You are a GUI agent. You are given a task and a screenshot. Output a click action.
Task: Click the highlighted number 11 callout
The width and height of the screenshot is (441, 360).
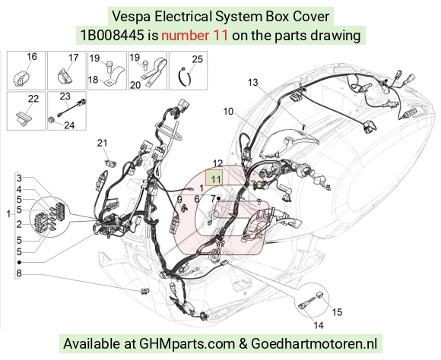[215, 179]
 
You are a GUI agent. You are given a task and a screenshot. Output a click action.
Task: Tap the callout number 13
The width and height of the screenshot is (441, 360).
[253, 82]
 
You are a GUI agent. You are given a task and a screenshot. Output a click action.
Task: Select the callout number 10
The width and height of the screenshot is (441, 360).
[228, 112]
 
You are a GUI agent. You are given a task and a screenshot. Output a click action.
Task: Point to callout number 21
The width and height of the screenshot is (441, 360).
[102, 143]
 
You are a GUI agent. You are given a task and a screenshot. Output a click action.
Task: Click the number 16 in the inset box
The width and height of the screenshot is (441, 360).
[32, 56]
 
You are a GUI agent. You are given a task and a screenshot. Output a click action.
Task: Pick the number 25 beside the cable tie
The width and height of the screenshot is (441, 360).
[197, 59]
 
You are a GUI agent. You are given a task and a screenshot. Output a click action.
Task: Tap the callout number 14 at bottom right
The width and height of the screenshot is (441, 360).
[319, 325]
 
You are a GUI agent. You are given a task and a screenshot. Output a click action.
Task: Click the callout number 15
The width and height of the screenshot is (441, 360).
[337, 312]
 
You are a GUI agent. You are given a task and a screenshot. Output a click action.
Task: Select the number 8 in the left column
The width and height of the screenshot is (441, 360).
[19, 273]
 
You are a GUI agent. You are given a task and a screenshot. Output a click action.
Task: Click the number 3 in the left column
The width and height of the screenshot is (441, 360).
[19, 178]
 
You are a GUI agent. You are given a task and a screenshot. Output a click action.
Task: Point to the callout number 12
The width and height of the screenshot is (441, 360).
[217, 163]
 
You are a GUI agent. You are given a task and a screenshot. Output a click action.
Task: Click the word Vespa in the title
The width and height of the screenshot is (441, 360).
[131, 16]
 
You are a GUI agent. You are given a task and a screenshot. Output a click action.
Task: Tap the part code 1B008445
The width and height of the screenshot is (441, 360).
[113, 36]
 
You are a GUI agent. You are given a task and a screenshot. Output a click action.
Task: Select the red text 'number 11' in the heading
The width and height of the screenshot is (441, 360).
[195, 36]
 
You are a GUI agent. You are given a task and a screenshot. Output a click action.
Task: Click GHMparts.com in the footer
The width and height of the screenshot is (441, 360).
[187, 343]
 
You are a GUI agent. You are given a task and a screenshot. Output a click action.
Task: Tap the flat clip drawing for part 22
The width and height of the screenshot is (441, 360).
[24, 119]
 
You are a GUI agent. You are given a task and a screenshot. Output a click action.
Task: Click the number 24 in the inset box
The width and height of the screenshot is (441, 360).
[69, 125]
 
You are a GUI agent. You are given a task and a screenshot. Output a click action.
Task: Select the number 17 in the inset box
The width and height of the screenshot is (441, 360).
[74, 58]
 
